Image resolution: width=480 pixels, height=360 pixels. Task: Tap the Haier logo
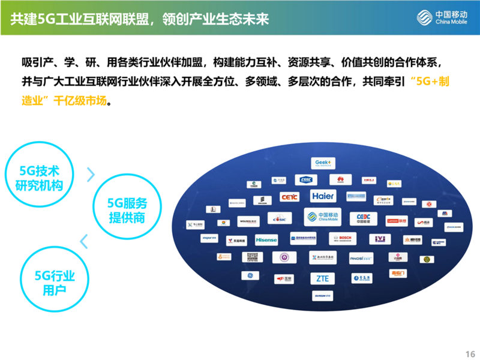click(322, 196)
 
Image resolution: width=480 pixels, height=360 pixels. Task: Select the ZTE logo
click(322, 278)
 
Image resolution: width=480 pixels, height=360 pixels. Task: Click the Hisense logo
click(266, 239)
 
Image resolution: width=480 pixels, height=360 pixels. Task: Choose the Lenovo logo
click(397, 221)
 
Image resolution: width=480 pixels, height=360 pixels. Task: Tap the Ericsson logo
click(259, 200)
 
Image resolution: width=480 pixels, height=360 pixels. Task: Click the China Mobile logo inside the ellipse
click(322, 217)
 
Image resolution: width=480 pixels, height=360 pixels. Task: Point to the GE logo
click(247, 276)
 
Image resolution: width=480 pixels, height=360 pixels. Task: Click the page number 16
click(470, 352)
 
